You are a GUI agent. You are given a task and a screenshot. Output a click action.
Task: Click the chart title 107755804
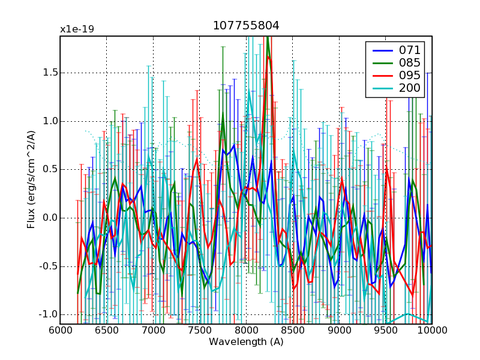pos(245,26)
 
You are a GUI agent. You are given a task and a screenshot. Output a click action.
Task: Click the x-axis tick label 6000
pos(60,331)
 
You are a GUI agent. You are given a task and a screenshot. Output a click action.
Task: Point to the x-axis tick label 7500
pos(200,331)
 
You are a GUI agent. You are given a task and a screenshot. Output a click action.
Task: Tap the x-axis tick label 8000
pos(246,331)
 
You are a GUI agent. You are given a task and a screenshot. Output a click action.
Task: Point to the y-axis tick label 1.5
pos(48,73)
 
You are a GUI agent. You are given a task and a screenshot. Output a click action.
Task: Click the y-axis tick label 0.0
pos(48,218)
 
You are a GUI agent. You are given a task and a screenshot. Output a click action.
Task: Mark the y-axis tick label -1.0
pos(46,314)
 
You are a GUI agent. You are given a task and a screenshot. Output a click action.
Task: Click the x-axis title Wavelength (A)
pos(246,342)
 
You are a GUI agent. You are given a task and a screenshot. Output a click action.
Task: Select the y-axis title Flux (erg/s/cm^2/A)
pos(31,180)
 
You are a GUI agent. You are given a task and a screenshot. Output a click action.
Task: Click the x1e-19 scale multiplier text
pos(77,29)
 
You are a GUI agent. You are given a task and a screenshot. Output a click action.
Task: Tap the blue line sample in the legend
pos(382,50)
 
